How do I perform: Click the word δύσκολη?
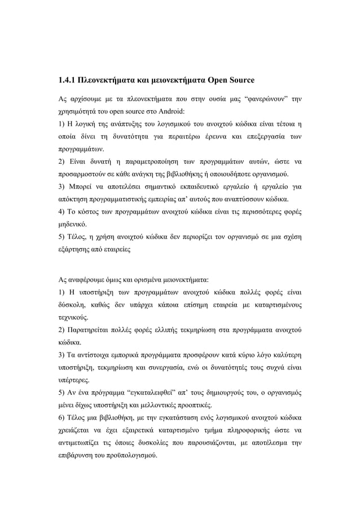[x=73, y=305]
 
